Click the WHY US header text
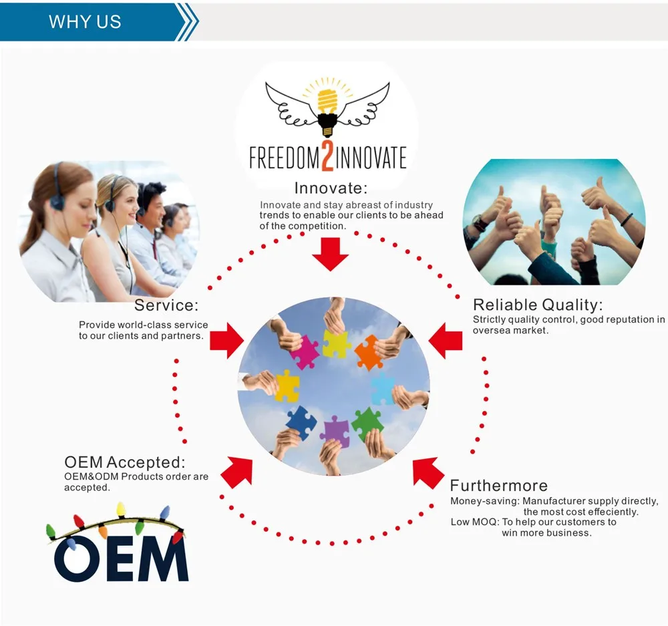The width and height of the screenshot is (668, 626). click(x=85, y=21)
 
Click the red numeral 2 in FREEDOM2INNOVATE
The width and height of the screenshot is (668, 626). click(x=328, y=158)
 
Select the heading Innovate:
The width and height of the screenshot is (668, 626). click(x=331, y=188)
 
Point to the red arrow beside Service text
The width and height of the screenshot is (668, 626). click(x=226, y=341)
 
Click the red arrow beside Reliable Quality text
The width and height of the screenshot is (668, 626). click(x=446, y=341)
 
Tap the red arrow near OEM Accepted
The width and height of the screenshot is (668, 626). click(x=236, y=471)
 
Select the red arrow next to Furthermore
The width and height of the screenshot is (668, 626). click(x=428, y=472)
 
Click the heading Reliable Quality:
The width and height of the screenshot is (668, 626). click(x=538, y=305)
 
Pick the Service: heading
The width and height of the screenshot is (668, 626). click(x=166, y=306)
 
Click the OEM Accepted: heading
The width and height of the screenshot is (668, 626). click(x=125, y=462)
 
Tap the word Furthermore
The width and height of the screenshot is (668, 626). click(x=498, y=486)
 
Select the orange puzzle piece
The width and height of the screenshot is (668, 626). click(x=368, y=352)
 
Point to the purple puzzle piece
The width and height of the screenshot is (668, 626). click(x=335, y=430)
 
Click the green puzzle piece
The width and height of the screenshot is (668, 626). click(x=367, y=422)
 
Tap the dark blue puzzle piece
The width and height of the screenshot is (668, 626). click(x=301, y=420)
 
